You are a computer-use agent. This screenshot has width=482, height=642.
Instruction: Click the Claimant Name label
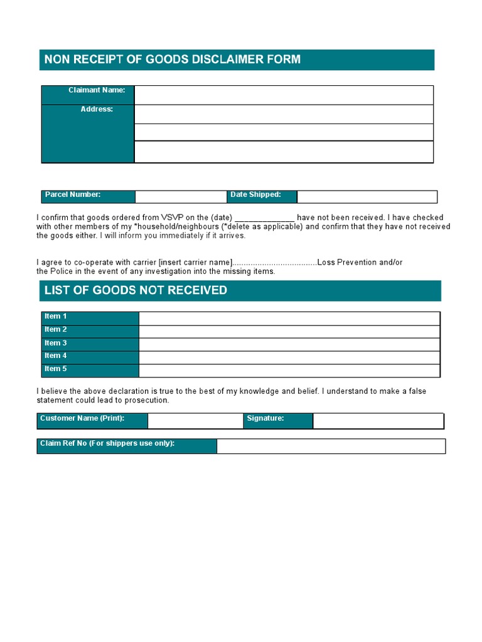[x=97, y=90]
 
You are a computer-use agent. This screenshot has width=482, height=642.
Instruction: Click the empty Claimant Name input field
[x=284, y=95]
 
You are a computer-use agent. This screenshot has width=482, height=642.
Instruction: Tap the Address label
[x=97, y=109]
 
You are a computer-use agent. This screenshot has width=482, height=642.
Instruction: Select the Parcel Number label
[x=73, y=195]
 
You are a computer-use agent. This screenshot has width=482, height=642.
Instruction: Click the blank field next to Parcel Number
[x=180, y=197]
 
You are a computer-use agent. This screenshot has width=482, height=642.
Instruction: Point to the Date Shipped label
[x=255, y=195]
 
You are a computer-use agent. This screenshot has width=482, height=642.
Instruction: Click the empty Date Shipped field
[x=367, y=197]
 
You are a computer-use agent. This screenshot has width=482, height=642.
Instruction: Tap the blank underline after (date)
[x=264, y=218]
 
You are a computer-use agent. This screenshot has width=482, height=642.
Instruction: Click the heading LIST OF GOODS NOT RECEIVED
[x=136, y=290]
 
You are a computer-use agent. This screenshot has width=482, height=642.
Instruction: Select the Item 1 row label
[x=56, y=317]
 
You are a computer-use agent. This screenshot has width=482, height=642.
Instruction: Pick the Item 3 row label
[x=56, y=343]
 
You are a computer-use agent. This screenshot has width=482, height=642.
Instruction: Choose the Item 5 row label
[x=56, y=369]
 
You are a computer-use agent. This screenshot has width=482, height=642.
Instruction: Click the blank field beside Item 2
[x=289, y=332]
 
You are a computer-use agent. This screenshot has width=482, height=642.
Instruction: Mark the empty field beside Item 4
[x=289, y=357]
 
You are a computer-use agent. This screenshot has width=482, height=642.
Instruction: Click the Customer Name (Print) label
[x=82, y=418]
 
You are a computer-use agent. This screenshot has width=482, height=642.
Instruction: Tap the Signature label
[x=265, y=418]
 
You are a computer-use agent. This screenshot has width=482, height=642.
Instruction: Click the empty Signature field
[x=378, y=421]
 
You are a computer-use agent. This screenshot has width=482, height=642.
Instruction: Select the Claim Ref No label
[x=107, y=444]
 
